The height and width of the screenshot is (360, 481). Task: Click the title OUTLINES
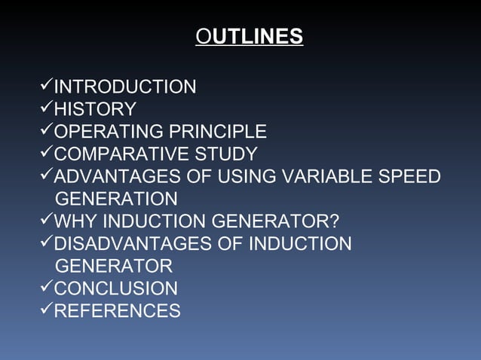(249, 36)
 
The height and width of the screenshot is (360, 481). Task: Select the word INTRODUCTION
(125, 87)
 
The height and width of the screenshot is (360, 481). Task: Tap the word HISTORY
(95, 110)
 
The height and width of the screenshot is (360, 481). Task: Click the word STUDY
(225, 154)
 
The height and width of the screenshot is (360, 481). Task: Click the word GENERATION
(116, 200)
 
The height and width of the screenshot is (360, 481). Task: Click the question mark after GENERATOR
(335, 222)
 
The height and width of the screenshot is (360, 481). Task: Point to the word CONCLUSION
(116, 288)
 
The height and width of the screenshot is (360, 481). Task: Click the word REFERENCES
(117, 311)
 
